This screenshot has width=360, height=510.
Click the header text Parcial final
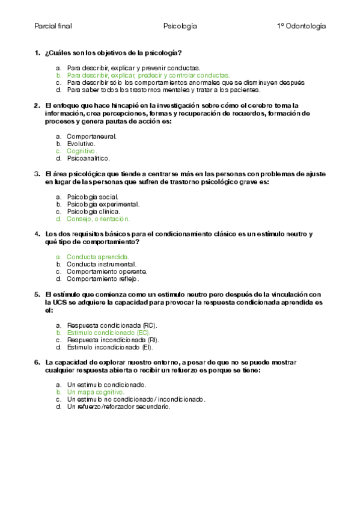pos(53,26)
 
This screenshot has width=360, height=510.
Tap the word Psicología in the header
pos(180,26)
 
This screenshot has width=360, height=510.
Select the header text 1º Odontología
pos(301,26)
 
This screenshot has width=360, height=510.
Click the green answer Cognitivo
pos(81,151)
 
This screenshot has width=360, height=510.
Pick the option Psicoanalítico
pos(88,159)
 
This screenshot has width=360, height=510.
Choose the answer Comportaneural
pos(91,137)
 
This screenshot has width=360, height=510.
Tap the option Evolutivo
pos(81,144)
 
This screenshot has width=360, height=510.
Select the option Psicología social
pos(93,197)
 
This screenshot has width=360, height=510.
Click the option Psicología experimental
pos(103,204)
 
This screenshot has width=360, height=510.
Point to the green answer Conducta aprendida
pos(97,257)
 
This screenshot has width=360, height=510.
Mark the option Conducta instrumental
pos(101,264)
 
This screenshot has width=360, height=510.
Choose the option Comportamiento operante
pos(106,271)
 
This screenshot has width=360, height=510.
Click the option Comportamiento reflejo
pos(103,279)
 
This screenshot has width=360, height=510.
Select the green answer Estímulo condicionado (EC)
pos(109,332)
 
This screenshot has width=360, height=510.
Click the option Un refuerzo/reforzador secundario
pos(118,407)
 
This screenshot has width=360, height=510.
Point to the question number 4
pos(37,234)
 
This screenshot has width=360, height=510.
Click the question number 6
pos(37,362)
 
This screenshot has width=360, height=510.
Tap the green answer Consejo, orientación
pos(98,219)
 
